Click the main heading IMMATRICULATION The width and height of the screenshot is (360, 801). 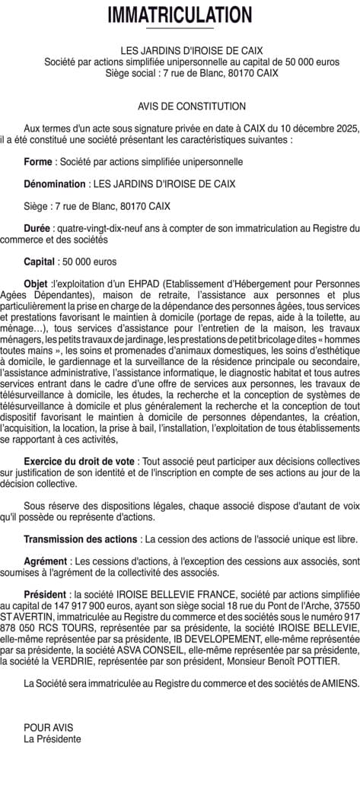180,15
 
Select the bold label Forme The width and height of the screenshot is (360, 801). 38,162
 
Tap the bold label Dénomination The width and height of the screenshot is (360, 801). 55,184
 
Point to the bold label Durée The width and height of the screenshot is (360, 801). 37,228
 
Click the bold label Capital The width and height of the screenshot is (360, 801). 39,262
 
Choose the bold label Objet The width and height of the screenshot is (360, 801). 36,284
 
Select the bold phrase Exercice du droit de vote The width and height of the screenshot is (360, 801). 79,462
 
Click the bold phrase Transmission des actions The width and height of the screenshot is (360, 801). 81,539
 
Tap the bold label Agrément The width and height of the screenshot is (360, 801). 46,561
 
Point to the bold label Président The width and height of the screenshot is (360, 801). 45,595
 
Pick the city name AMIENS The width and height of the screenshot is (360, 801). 332,684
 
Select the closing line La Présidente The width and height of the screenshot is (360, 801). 52,738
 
